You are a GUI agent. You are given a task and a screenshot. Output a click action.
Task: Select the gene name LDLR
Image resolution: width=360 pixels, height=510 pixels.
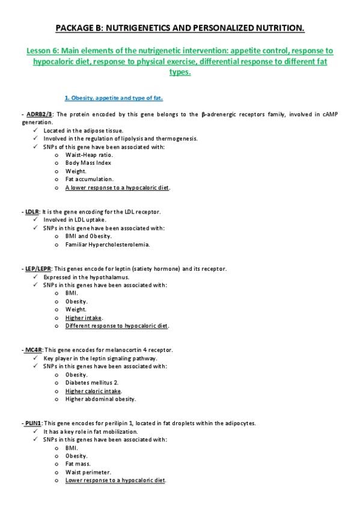pyautogui.click(x=32, y=212)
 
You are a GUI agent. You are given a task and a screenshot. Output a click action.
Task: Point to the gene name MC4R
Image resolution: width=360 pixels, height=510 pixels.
pyautogui.click(x=34, y=349)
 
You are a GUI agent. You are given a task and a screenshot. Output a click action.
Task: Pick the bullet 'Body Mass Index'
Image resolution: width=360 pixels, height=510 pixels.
pyautogui.click(x=88, y=162)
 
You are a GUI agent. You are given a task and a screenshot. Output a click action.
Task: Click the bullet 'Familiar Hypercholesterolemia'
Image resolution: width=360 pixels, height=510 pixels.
pyautogui.click(x=108, y=244)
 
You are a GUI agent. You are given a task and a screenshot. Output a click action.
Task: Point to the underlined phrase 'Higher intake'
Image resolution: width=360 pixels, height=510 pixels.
pyautogui.click(x=84, y=318)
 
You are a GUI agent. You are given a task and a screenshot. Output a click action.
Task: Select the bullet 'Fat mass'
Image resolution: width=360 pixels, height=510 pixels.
pyautogui.click(x=79, y=464)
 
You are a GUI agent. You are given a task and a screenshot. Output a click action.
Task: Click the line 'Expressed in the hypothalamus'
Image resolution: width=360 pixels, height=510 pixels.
pyautogui.click(x=88, y=277)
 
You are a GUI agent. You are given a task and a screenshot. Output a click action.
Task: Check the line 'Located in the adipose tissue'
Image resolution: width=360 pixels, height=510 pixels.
pyautogui.click(x=84, y=130)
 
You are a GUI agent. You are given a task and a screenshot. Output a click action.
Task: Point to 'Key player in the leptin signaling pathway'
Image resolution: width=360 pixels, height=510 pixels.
pyautogui.click(x=100, y=358)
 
